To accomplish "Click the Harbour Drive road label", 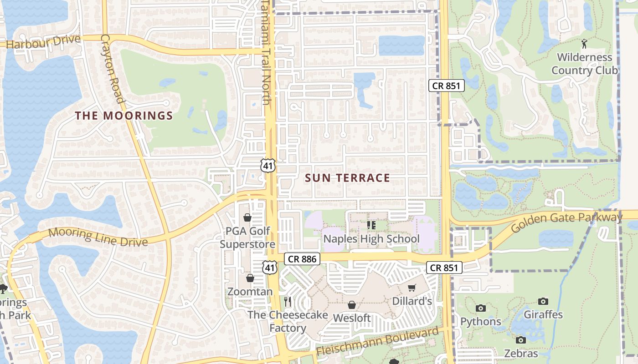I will [x=43, y=42].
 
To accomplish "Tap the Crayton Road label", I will [x=113, y=69].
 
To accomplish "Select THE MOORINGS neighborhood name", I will [x=124, y=116].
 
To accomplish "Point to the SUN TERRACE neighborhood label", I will [x=347, y=178].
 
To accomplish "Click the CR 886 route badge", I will [x=302, y=259].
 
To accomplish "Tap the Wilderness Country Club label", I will [x=585, y=64].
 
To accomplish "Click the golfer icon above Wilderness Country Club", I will [x=584, y=44].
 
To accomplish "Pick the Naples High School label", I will [x=371, y=239].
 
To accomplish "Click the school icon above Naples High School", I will [x=371, y=225].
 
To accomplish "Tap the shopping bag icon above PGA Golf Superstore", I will [x=247, y=217].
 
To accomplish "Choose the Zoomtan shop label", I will [x=250, y=292].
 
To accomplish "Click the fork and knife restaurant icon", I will [x=288, y=301].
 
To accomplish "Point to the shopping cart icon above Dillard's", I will [x=412, y=288].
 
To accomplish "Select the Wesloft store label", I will [x=352, y=318].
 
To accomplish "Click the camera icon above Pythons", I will [x=480, y=308].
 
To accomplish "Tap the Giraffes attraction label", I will [x=543, y=314].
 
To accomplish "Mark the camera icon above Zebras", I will [x=520, y=340].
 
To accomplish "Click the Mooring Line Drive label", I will [x=98, y=237].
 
